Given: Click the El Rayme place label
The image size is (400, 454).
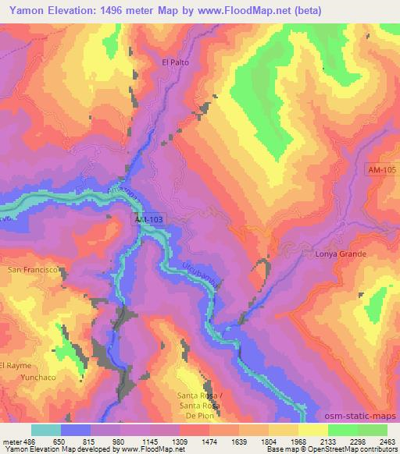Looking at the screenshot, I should pyautogui.click(x=16, y=364).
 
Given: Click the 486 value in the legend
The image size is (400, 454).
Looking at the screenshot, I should pyautogui.click(x=30, y=441).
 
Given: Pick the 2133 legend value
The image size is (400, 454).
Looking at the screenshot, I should pyautogui.click(x=330, y=441).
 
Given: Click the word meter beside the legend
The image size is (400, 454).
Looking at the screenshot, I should pyautogui.click(x=12, y=441).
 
